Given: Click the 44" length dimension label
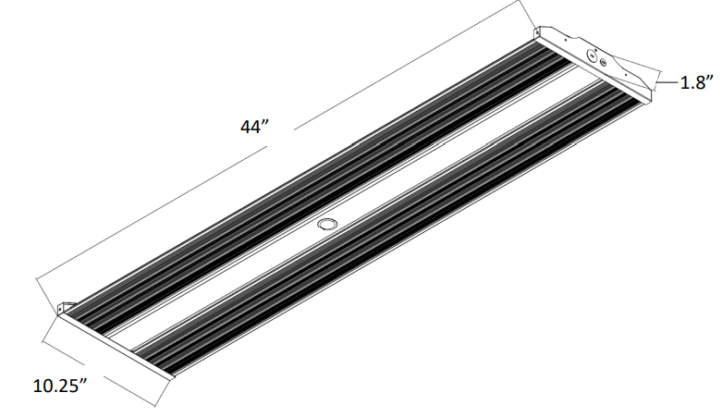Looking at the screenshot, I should tap(253, 129).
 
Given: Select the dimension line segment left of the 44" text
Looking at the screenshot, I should tap(139, 212).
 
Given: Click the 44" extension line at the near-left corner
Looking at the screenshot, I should tap(46, 291).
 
